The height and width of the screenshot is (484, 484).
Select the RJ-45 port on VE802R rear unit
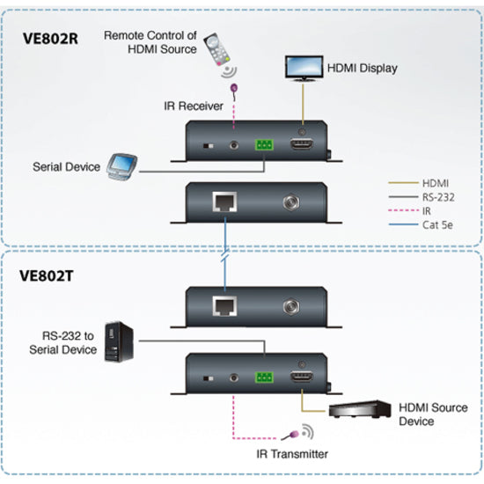tap(223, 202)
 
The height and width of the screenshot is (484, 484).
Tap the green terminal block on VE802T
tap(264, 375)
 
